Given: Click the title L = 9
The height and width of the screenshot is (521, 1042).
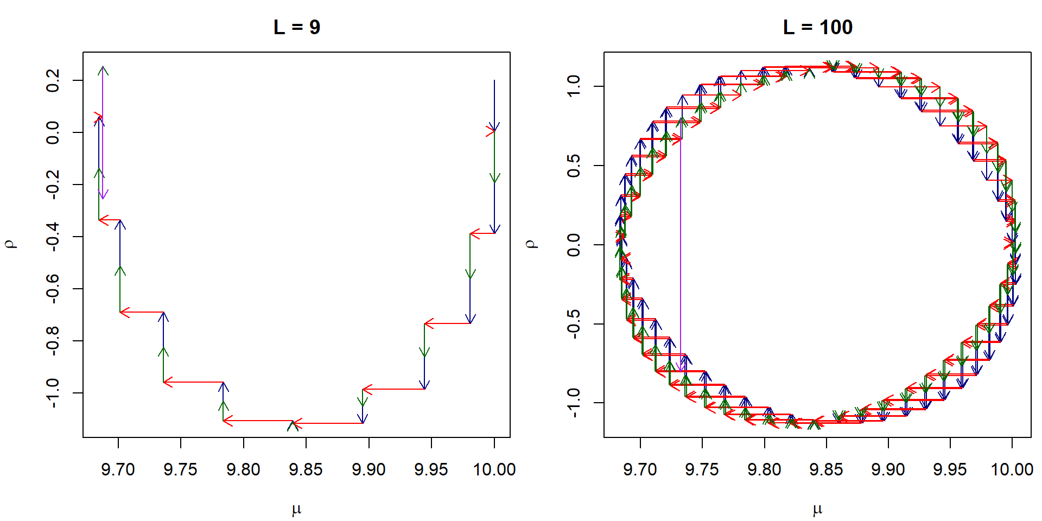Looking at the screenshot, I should pyautogui.click(x=297, y=27).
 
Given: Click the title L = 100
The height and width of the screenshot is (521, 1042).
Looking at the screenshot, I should pyautogui.click(x=817, y=27).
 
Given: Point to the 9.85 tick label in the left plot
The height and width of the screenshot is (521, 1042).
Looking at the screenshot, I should pyautogui.click(x=306, y=469).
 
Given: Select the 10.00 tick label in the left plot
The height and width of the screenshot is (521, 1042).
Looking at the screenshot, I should pyautogui.click(x=494, y=469).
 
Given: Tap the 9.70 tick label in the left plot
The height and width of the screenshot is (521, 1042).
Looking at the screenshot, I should pyautogui.click(x=118, y=469).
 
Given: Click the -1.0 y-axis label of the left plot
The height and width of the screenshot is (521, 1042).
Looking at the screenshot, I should pyautogui.click(x=53, y=393).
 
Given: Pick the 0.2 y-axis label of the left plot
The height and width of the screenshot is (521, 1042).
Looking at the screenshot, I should pyautogui.click(x=53, y=80).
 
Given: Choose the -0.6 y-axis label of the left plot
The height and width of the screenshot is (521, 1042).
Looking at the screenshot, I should pyautogui.click(x=53, y=289).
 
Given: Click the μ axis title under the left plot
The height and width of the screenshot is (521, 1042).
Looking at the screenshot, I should pyautogui.click(x=296, y=509).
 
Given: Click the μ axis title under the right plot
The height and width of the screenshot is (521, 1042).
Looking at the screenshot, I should pyautogui.click(x=817, y=509).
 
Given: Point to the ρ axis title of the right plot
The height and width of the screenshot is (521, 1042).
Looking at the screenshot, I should pyautogui.click(x=532, y=244).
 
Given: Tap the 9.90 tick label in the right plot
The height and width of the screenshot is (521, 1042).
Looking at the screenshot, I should pyautogui.click(x=888, y=469).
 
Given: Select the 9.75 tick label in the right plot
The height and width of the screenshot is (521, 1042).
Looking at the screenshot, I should pyautogui.click(x=702, y=469).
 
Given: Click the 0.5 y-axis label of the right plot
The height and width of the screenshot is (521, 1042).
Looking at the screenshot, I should pyautogui.click(x=574, y=166).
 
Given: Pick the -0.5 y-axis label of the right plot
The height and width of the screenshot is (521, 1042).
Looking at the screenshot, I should pyautogui.click(x=574, y=324).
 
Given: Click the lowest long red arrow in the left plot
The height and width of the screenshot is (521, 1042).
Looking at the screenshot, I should pyautogui.click(x=328, y=423).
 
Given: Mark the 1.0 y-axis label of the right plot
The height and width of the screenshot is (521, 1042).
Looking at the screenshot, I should pyautogui.click(x=574, y=86).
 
